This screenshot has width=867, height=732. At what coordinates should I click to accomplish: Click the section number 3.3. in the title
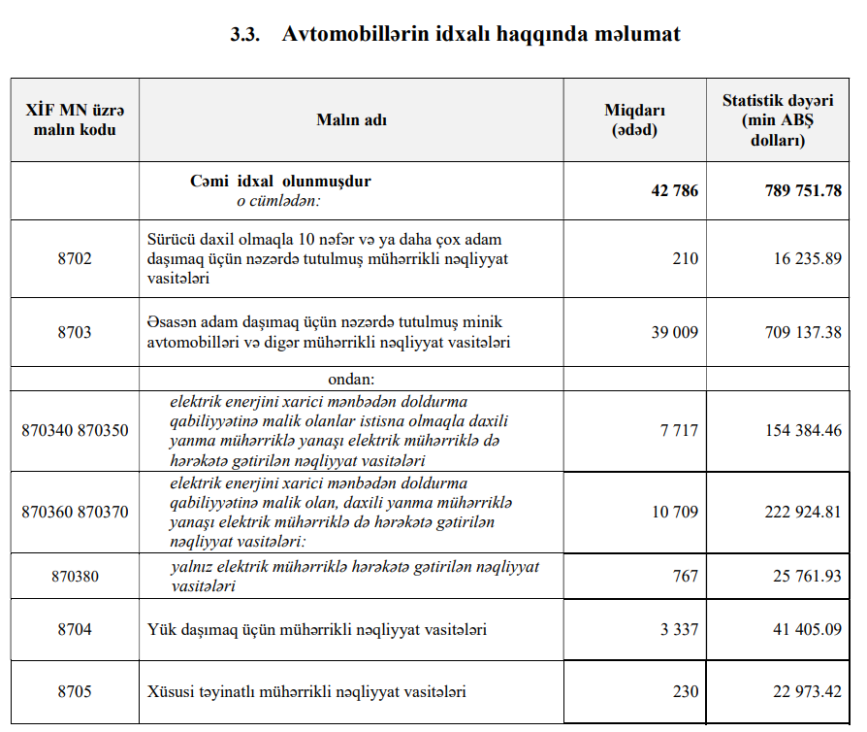[x=245, y=34]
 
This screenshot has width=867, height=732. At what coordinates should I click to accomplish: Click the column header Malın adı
[x=351, y=119]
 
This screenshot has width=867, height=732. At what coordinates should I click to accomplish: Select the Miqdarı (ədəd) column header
[x=634, y=119]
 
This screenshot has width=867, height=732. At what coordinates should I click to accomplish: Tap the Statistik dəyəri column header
[x=778, y=119]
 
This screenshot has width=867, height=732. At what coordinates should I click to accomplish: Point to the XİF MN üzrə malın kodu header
[x=75, y=119]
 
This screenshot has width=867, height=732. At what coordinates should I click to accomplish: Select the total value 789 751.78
[x=803, y=190]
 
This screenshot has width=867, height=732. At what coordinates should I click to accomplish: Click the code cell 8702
[x=75, y=258]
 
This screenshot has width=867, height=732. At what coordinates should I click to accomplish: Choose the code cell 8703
[x=75, y=332]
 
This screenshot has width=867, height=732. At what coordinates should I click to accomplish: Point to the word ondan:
[x=351, y=378]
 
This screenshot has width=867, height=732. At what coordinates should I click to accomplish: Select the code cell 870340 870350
[x=75, y=430]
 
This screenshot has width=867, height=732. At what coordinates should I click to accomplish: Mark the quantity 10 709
[x=674, y=512]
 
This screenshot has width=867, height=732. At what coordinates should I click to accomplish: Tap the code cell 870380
[x=75, y=576]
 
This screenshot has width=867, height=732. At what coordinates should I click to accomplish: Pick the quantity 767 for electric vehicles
[x=685, y=576]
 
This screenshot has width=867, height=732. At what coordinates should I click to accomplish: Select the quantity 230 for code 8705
[x=685, y=692]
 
